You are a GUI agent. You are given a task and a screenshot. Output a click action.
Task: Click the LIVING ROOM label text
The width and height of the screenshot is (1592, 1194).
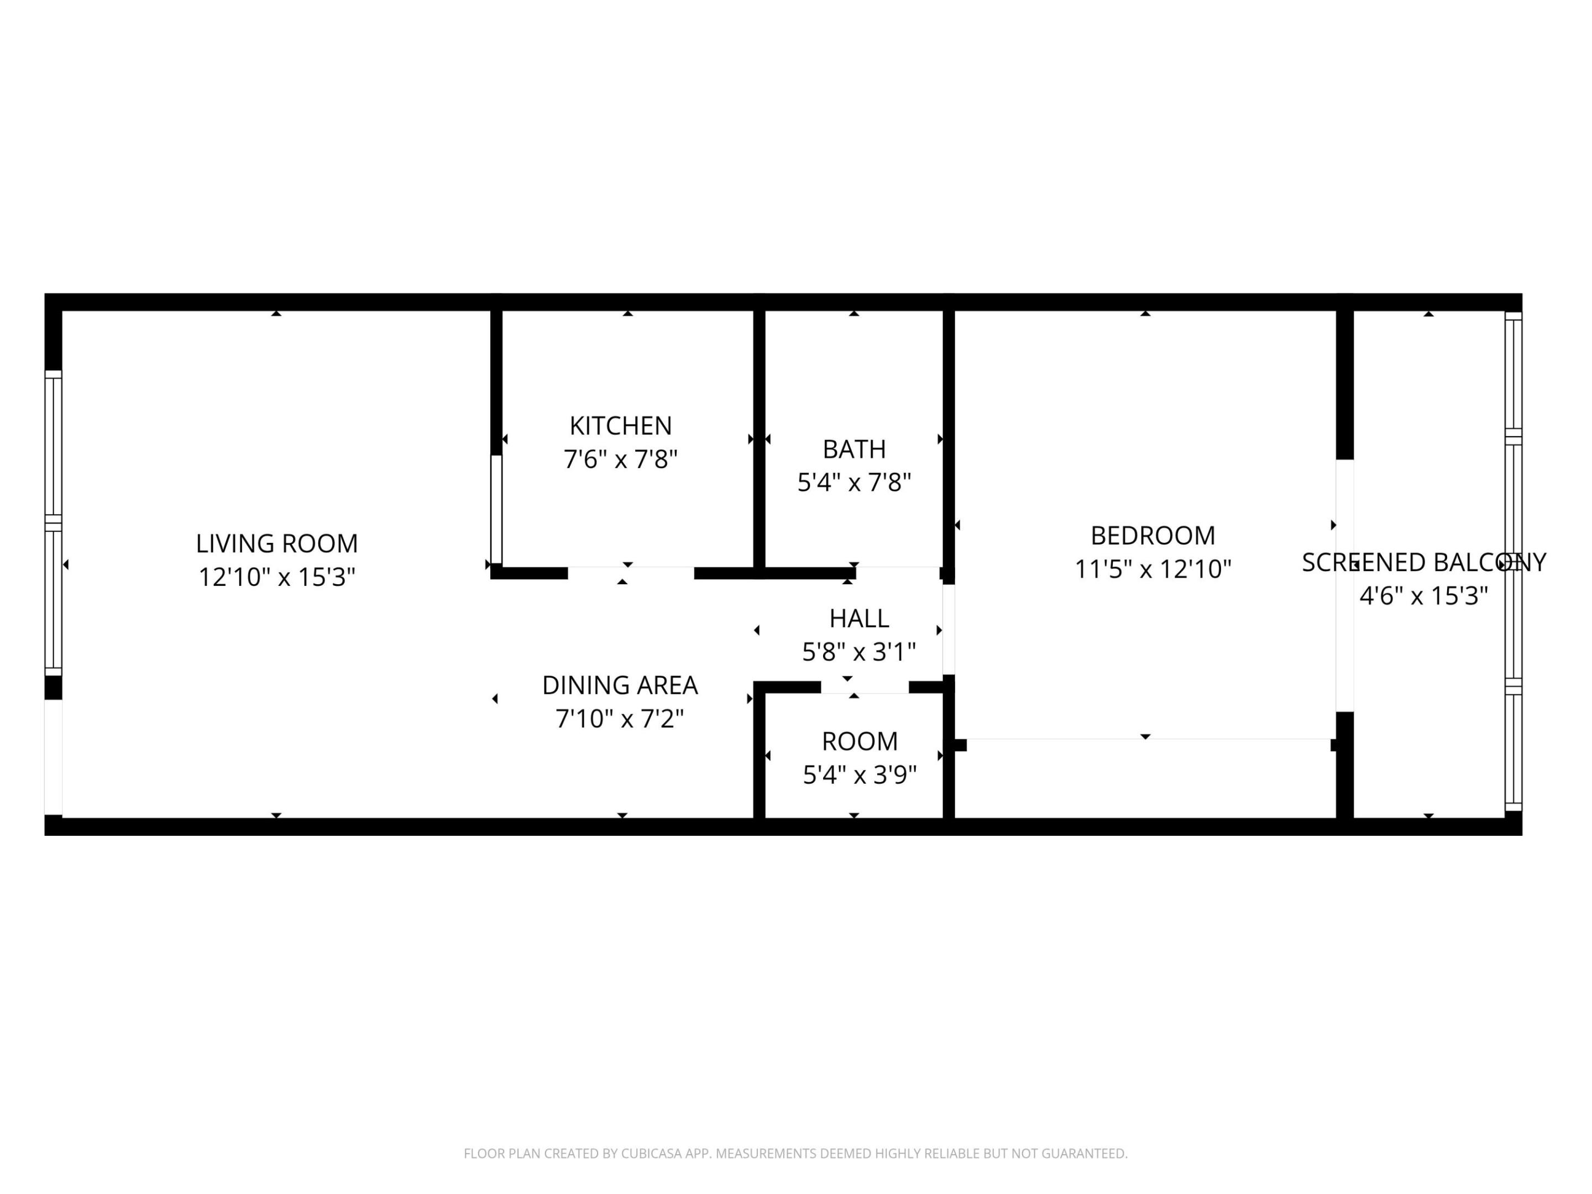276,543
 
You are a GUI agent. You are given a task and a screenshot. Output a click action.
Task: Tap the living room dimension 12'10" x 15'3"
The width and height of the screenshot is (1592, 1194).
276,577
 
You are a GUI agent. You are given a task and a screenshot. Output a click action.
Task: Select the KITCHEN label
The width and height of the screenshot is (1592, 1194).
620,426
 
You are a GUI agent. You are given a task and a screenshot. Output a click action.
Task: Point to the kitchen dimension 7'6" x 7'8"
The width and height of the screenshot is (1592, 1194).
620,459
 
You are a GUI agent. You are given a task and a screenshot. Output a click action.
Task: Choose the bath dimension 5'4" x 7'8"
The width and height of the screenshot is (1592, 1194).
853,482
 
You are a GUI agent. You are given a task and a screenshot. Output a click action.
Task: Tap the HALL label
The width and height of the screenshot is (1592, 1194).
858,618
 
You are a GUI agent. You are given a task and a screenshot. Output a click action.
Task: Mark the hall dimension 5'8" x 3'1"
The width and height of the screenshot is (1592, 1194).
858,652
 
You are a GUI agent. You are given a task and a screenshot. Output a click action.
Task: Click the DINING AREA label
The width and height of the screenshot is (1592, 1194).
620,685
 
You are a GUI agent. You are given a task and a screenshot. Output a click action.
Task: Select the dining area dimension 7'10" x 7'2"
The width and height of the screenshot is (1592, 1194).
620,718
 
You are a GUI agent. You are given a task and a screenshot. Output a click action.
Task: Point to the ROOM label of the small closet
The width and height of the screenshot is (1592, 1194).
860,741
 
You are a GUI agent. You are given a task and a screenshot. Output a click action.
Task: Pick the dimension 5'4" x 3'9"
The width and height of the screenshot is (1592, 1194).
860,775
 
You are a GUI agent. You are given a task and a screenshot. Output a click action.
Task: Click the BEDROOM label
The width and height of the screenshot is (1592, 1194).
1152,536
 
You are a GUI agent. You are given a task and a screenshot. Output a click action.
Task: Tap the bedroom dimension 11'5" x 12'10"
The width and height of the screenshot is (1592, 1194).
1152,569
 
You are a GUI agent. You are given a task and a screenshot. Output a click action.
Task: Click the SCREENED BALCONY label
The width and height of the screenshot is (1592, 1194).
1423,563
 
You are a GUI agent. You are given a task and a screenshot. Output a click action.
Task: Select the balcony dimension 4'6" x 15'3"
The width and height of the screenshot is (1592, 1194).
1423,596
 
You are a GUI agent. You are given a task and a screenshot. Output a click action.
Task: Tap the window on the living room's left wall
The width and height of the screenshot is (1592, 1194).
53,523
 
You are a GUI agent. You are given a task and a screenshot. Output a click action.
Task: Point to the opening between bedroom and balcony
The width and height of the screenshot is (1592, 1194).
1344,585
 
